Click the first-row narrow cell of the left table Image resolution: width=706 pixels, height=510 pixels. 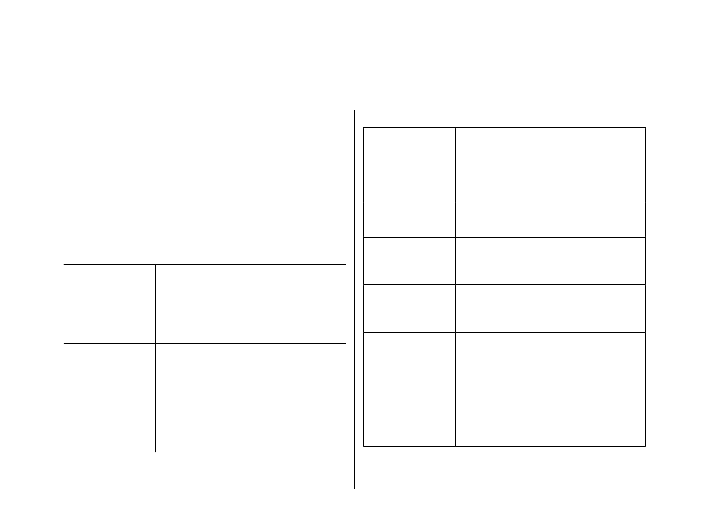(x=109, y=303)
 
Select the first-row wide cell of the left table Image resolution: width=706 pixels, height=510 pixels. (x=250, y=303)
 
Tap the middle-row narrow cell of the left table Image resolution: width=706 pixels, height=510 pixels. (x=109, y=373)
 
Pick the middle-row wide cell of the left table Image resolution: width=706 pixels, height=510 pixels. (x=250, y=373)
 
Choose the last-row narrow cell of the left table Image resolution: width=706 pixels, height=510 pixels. (x=109, y=427)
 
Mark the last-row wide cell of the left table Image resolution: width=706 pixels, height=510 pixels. (x=250, y=427)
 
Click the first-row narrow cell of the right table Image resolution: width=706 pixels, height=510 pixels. (x=409, y=164)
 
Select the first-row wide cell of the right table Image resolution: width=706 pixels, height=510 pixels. (x=550, y=164)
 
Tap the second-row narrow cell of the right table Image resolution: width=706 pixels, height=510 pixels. (x=409, y=219)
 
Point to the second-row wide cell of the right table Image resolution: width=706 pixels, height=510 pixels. (x=550, y=219)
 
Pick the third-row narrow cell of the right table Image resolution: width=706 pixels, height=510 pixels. (x=409, y=260)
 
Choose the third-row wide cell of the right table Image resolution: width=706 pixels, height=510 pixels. (x=550, y=260)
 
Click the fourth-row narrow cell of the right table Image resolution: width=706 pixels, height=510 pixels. (x=409, y=308)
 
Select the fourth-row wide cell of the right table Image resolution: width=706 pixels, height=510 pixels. (x=550, y=308)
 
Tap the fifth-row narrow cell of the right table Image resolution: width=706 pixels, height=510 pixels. (x=409, y=389)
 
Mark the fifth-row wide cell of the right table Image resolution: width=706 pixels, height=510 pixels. (x=550, y=389)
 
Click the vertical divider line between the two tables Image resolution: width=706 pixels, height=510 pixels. (x=354, y=300)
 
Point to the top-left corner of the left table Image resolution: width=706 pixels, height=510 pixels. (x=64, y=264)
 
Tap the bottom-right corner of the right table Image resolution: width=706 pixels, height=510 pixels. (x=645, y=446)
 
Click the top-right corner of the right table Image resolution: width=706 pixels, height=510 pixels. (x=645, y=128)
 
